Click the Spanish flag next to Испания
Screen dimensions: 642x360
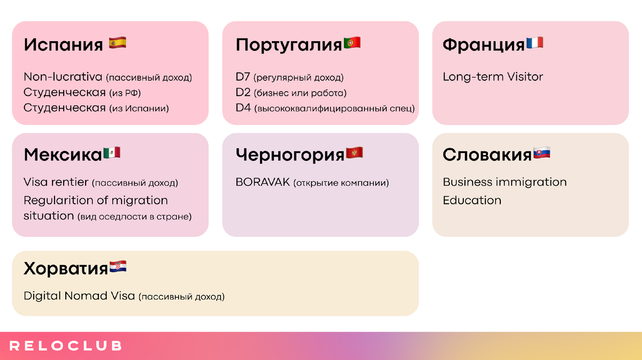[118, 43]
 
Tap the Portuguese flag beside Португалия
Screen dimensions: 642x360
[352, 43]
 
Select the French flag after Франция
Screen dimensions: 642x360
[535, 43]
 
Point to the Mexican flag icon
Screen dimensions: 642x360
[112, 153]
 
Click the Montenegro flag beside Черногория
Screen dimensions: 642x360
[355, 153]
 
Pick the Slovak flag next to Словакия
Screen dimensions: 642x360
[541, 153]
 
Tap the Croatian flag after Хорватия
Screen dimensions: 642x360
[118, 267]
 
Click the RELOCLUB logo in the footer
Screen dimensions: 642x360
[66, 346]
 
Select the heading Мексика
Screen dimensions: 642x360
[63, 155]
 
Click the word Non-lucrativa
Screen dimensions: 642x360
[63, 77]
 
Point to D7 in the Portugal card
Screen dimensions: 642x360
[243, 77]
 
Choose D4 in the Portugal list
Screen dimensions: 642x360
[243, 108]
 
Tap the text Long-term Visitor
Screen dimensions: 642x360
[493, 77]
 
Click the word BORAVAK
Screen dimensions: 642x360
[263, 182]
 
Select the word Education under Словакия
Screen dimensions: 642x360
[472, 201]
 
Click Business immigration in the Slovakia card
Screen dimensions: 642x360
[505, 182]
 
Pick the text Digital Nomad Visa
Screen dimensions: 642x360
[79, 296]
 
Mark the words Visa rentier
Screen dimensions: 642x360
[56, 182]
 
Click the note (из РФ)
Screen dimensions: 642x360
[125, 93]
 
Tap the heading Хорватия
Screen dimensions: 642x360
[66, 269]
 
